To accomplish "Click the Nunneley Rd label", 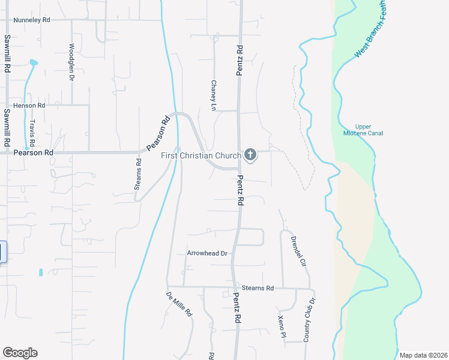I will point(33,20).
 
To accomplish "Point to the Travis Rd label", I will point(32,133).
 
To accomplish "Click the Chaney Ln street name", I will point(213,95).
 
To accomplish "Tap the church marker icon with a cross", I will point(250,155).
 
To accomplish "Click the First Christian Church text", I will point(201,155).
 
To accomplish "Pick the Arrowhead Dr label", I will point(207,253).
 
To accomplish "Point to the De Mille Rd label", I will point(179,304).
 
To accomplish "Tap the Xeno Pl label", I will point(281,326).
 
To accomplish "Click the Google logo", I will point(20,353).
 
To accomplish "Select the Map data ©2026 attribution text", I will point(422,355).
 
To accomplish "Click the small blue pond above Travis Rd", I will point(33,62).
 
